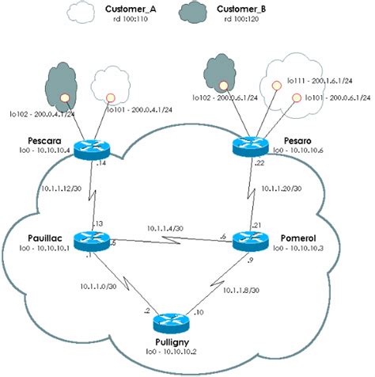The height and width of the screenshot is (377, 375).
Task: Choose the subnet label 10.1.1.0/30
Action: point(98,286)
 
